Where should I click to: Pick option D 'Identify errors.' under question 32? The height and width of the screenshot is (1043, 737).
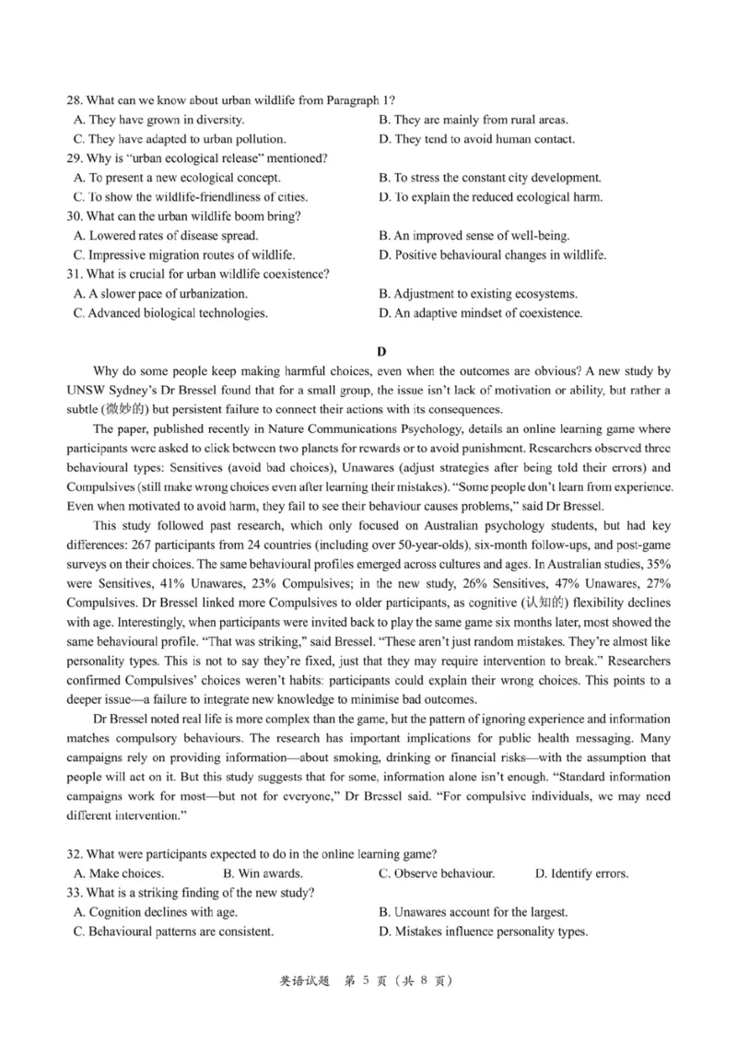(x=581, y=873)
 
